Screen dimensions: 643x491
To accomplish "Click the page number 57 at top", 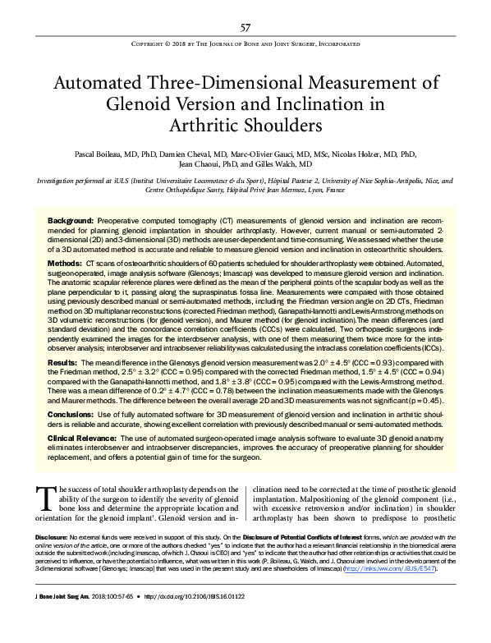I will [245, 27].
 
